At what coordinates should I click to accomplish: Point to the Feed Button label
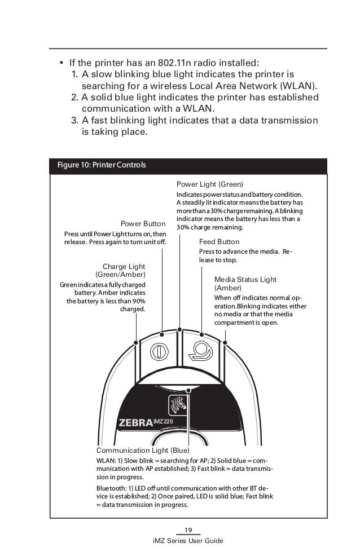coord(219,241)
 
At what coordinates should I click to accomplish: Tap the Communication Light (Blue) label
coord(143,451)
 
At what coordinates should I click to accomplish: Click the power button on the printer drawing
coord(159,350)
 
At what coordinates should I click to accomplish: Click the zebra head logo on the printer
coord(177,406)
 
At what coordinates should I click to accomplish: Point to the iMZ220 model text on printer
coord(164,421)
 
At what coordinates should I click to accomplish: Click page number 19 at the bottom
coord(188,528)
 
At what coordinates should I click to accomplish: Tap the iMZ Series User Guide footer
coord(188,541)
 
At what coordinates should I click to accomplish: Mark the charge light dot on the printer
coord(136,342)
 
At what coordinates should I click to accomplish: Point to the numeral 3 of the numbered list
coord(74,122)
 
